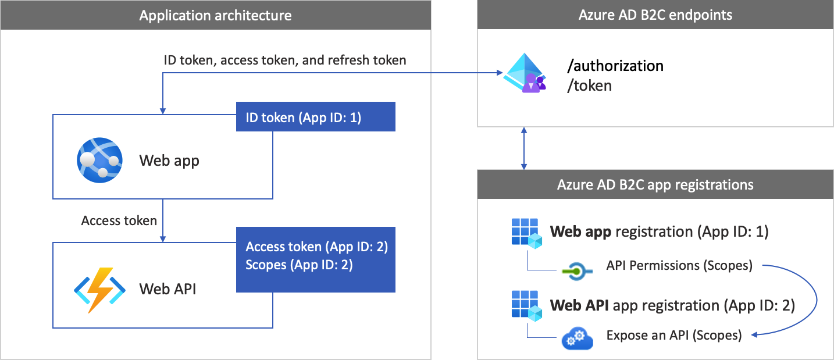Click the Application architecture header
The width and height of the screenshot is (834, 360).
(x=215, y=15)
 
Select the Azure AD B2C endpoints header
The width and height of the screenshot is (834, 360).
(x=655, y=15)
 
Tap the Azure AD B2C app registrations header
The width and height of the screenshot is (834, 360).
(x=655, y=185)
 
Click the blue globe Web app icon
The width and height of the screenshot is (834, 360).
(x=99, y=159)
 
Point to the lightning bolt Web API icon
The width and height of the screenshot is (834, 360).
(x=99, y=289)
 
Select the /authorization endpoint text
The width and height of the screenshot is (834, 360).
(x=615, y=66)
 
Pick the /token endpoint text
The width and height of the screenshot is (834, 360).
(x=590, y=85)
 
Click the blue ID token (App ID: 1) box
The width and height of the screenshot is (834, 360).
(x=315, y=117)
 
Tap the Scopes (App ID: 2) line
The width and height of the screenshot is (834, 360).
(x=299, y=265)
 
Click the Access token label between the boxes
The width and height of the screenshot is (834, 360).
(x=119, y=220)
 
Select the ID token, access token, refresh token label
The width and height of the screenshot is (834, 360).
(x=285, y=60)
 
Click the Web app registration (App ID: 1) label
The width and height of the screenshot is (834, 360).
(x=659, y=231)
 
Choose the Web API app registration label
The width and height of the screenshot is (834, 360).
(x=672, y=305)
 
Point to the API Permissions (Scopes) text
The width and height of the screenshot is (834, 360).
(x=679, y=265)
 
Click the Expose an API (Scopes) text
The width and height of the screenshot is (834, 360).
(x=673, y=335)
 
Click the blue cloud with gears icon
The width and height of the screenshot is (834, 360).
(x=577, y=339)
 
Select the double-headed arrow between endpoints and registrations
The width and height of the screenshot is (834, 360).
(x=525, y=148)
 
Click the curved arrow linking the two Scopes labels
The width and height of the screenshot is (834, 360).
(x=817, y=300)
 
